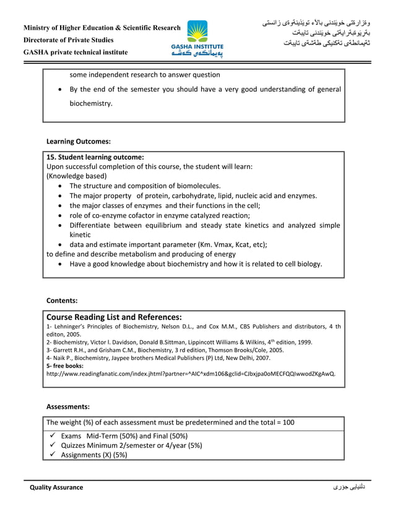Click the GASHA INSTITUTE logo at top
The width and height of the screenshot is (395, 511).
197,38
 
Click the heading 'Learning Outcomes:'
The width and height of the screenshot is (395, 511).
79,142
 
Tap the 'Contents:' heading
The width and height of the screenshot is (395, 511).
62,301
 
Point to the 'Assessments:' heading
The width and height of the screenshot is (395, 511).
68,406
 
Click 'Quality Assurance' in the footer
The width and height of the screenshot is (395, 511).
56,487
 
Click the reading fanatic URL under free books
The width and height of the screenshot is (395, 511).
191,374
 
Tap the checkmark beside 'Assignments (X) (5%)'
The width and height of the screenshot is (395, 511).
53,455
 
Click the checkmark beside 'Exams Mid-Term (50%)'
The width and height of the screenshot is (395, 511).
53,435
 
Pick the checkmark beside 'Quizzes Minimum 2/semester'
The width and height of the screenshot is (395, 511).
53,445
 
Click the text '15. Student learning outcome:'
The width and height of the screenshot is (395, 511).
95,157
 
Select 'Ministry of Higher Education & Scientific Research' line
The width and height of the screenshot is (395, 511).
102,28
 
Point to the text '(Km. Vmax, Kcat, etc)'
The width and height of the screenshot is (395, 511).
230,244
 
